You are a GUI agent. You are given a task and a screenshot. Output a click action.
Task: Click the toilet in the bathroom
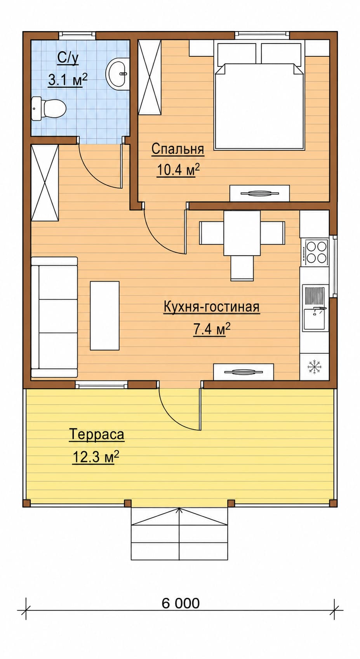click(x=49, y=108)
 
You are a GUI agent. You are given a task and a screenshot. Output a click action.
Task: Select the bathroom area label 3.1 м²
click(x=68, y=80)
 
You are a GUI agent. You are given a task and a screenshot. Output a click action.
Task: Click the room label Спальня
click(x=177, y=149)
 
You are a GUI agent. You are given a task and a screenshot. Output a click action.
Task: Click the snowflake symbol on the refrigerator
click(x=315, y=367)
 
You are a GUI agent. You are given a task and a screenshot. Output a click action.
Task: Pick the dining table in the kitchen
click(x=242, y=233)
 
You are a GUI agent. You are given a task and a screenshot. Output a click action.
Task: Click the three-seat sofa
click(x=54, y=317)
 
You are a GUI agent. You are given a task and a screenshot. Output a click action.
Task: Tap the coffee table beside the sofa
click(x=105, y=315)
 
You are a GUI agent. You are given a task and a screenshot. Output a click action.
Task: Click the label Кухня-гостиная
click(x=212, y=307)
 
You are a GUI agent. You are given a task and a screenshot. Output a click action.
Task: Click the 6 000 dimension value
click(x=181, y=595)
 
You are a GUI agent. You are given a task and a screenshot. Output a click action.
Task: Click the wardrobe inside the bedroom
click(x=150, y=77)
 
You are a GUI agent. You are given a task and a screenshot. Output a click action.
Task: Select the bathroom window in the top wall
click(x=77, y=35)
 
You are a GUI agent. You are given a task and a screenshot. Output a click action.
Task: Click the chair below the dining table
click(x=242, y=268)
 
